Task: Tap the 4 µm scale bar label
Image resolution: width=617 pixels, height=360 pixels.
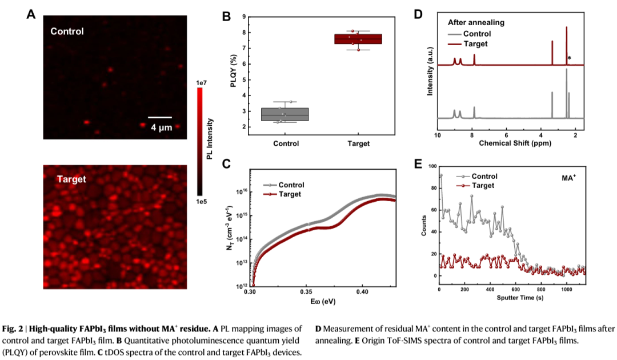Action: (161, 127)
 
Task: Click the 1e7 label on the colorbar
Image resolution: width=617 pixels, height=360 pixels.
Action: (201, 83)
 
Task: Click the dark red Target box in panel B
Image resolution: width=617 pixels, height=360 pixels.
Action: (358, 39)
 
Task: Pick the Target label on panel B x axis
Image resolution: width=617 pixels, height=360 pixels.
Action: (358, 143)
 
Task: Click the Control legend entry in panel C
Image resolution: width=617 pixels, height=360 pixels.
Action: (291, 185)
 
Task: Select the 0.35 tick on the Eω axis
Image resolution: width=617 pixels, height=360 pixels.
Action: (306, 292)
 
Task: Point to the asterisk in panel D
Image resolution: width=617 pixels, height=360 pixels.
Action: (570, 58)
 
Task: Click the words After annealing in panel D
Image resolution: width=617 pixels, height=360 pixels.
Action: (476, 23)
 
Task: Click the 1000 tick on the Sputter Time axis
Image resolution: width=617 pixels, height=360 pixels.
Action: (567, 290)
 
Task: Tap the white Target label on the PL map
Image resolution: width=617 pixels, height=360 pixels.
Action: (71, 179)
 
